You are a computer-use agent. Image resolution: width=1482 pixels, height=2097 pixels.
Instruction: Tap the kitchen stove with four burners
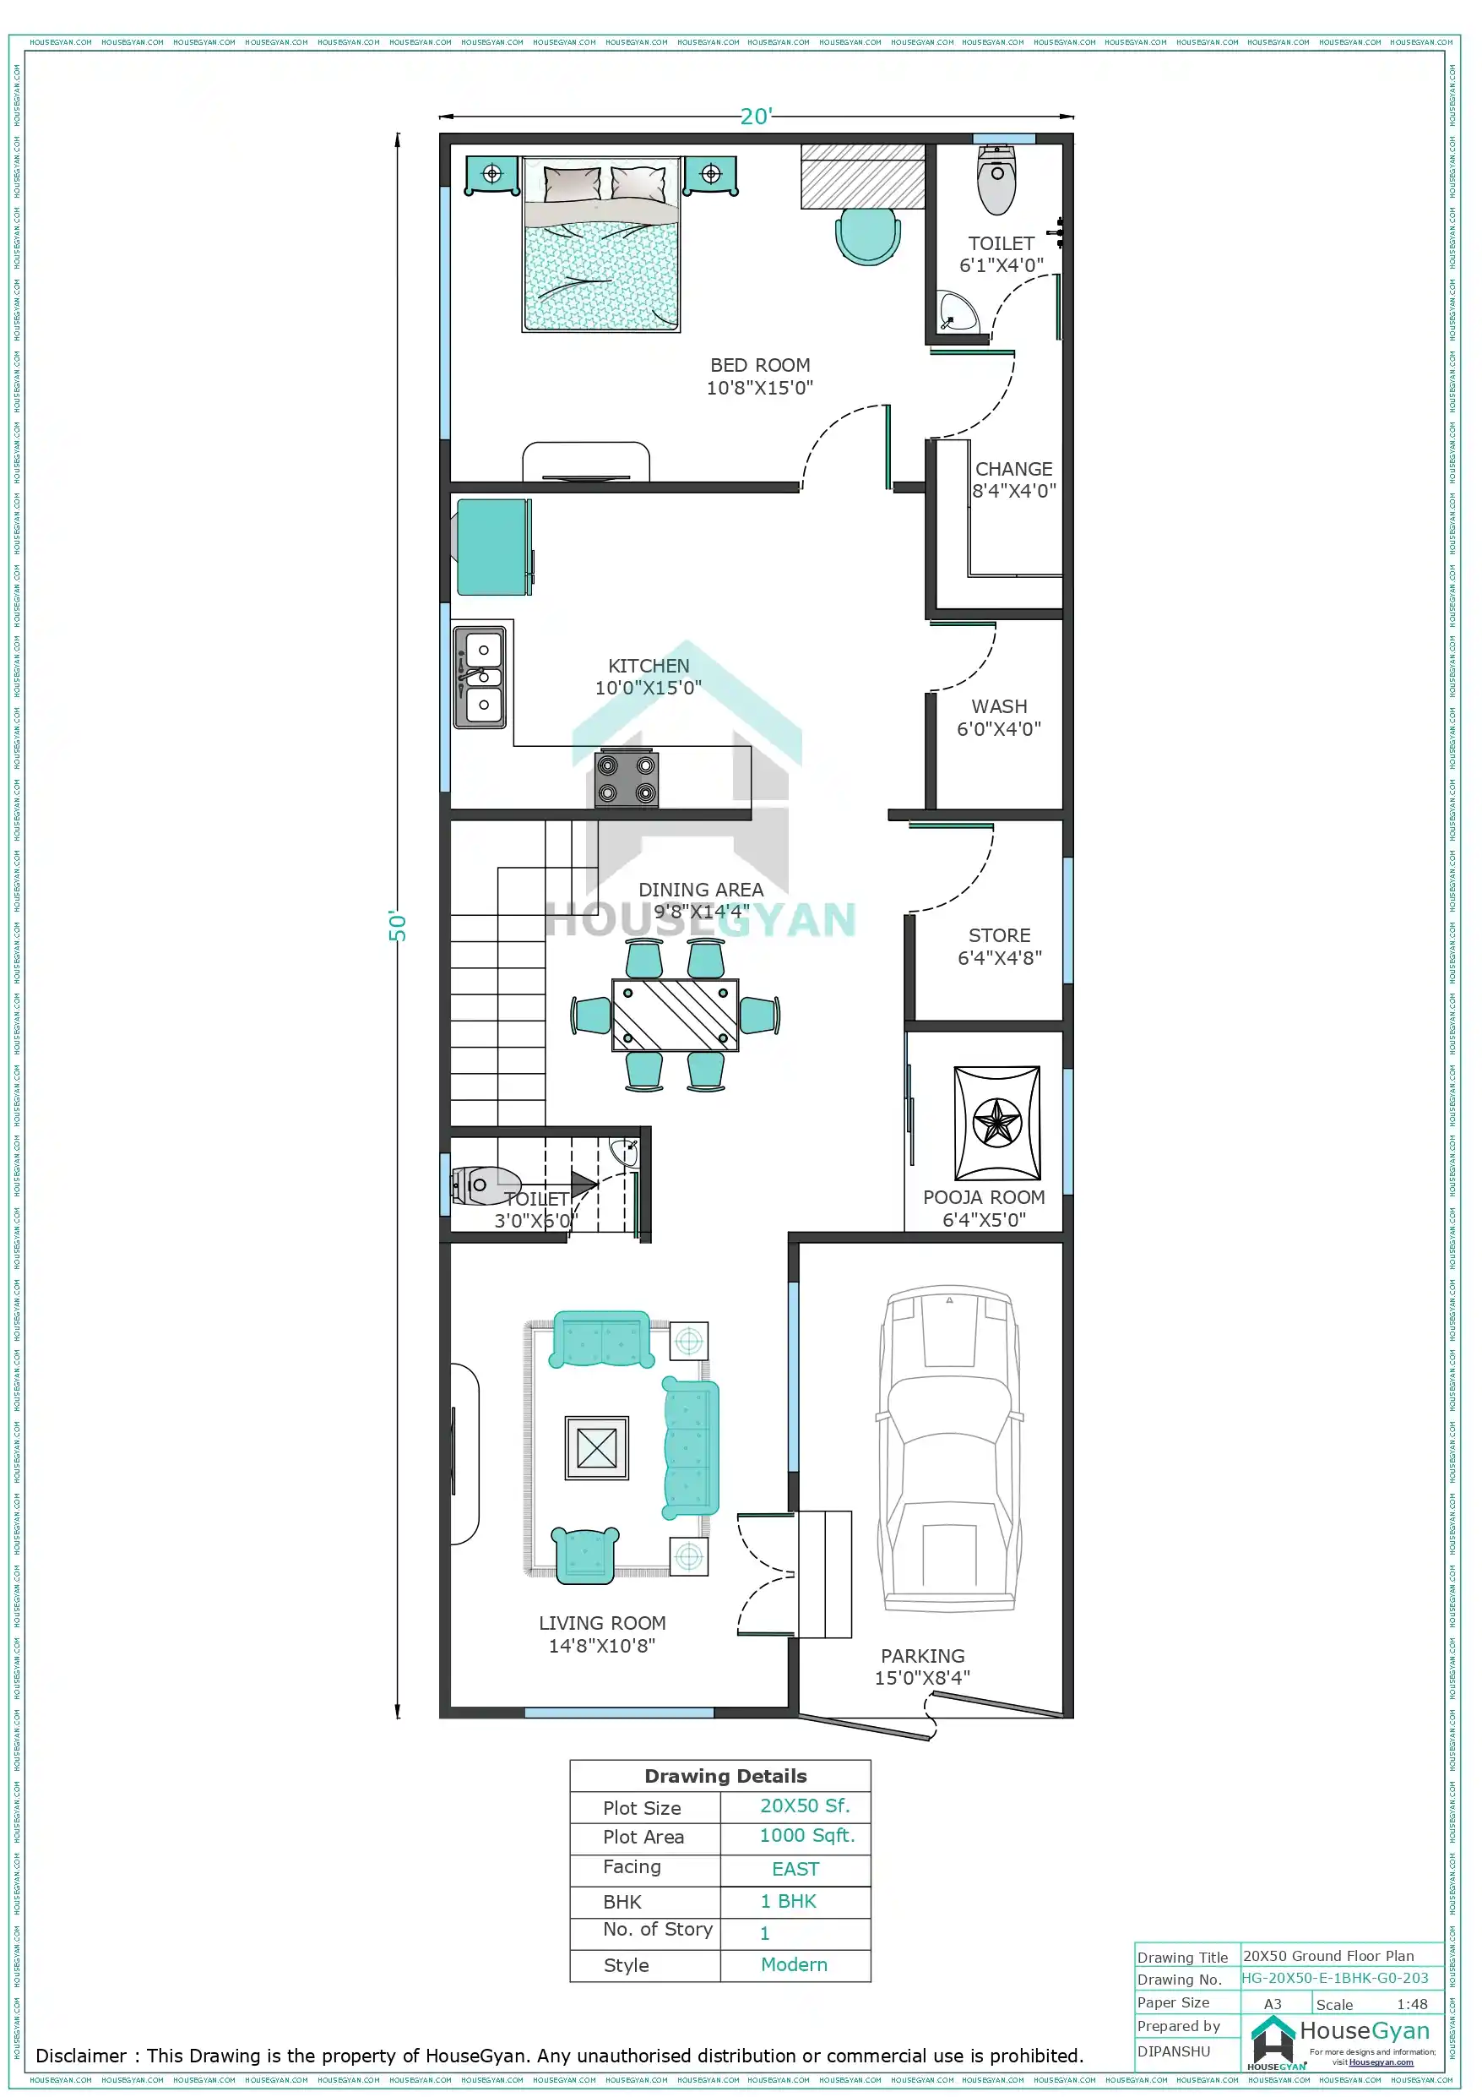pyautogui.click(x=627, y=779)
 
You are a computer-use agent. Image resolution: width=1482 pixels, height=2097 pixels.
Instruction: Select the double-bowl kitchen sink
pyautogui.click(x=480, y=677)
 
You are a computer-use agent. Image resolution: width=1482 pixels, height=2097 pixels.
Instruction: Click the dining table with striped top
pyautogui.click(x=675, y=1015)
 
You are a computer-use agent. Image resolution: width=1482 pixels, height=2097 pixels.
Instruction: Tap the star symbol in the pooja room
pyautogui.click(x=996, y=1123)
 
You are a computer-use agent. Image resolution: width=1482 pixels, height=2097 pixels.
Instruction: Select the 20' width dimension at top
pyautogui.click(x=756, y=117)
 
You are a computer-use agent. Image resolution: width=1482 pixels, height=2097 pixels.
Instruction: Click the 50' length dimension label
pyautogui.click(x=397, y=925)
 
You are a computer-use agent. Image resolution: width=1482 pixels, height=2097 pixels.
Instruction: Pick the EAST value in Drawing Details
pyautogui.click(x=795, y=1869)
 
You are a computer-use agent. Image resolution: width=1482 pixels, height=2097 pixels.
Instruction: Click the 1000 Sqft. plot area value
pyautogui.click(x=806, y=1835)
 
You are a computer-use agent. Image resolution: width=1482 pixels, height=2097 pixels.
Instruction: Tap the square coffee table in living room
pyautogui.click(x=596, y=1447)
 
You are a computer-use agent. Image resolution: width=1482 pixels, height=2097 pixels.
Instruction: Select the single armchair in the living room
pyautogui.click(x=584, y=1555)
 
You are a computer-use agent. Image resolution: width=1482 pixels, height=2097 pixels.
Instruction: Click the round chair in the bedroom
pyautogui.click(x=867, y=236)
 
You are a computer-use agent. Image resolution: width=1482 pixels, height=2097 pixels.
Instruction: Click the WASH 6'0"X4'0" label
pyautogui.click(x=998, y=718)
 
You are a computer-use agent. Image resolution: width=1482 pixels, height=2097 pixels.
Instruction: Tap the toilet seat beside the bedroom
pyautogui.click(x=996, y=182)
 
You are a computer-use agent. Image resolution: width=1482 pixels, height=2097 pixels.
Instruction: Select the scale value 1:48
pyautogui.click(x=1411, y=2004)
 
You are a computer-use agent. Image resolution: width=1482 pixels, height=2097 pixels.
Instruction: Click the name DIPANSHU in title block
pyautogui.click(x=1174, y=2051)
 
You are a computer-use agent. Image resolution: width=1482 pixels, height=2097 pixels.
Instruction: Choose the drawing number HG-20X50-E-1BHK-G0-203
pyautogui.click(x=1334, y=1977)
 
